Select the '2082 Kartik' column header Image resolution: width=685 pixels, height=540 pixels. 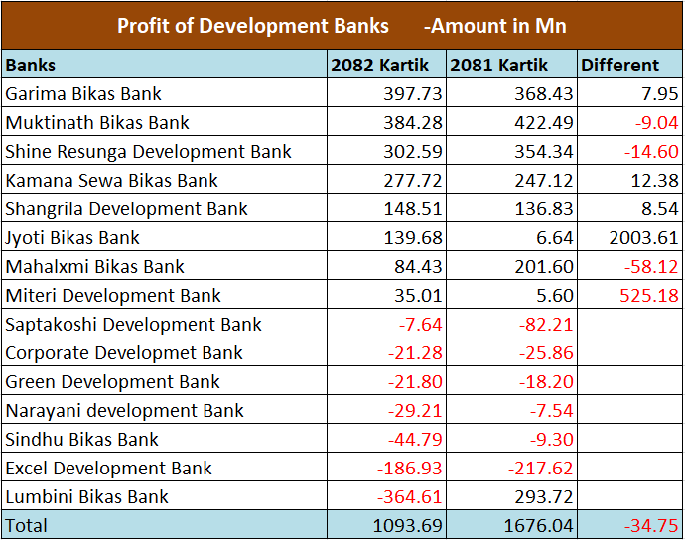click(380, 66)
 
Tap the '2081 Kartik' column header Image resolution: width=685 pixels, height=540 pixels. click(499, 66)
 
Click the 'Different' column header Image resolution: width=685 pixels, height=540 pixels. click(619, 66)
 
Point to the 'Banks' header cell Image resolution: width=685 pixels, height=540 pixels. click(31, 66)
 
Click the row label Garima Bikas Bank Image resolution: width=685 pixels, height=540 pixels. click(83, 94)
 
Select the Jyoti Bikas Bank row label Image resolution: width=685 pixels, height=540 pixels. click(72, 238)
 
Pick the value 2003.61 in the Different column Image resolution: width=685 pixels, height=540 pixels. click(643, 238)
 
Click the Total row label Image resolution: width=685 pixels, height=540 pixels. click(26, 525)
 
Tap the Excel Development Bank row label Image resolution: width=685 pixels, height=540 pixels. click(109, 469)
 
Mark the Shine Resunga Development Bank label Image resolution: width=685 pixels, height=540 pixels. click(149, 152)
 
